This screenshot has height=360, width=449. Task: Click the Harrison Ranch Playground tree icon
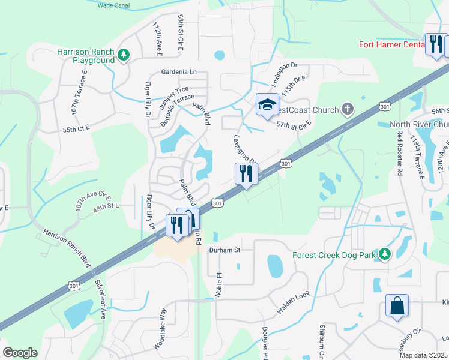point(124,55)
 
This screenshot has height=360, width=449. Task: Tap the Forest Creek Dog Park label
point(333,255)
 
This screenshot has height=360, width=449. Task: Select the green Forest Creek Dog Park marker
point(385,254)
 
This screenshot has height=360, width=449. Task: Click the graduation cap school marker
point(267,105)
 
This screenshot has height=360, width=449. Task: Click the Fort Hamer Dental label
point(391,44)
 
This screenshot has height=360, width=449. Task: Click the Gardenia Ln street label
point(179,72)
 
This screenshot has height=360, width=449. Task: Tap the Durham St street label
point(224,250)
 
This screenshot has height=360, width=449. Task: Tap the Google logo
point(20,352)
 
